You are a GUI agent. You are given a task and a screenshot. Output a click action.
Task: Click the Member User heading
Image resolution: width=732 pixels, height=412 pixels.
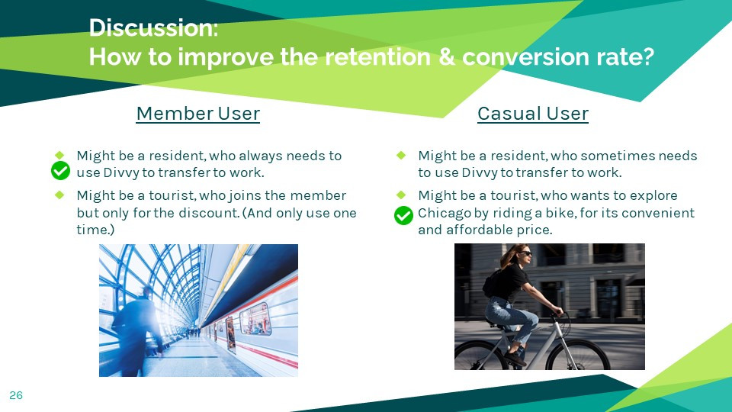point(198,114)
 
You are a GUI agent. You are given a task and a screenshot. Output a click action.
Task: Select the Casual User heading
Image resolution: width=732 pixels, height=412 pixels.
point(533,114)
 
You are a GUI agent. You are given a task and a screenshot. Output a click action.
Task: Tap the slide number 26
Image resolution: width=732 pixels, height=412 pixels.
point(16,395)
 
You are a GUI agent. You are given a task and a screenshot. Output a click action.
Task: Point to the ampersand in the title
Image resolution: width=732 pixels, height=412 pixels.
point(447,57)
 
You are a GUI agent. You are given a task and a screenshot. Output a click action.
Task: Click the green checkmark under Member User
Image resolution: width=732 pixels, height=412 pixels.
point(61,170)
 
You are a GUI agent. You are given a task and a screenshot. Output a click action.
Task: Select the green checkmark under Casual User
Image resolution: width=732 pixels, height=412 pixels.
point(404,215)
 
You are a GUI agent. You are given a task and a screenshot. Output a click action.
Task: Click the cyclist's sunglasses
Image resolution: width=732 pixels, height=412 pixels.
point(525,253)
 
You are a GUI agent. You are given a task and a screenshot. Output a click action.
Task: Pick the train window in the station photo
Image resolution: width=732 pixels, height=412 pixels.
point(255,319)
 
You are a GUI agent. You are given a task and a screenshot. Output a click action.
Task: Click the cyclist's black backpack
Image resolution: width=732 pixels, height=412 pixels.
point(491,282)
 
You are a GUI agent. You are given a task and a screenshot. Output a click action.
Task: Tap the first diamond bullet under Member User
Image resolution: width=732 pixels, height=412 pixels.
point(59,155)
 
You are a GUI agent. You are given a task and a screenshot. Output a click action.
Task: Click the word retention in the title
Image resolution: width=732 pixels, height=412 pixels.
point(377,57)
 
